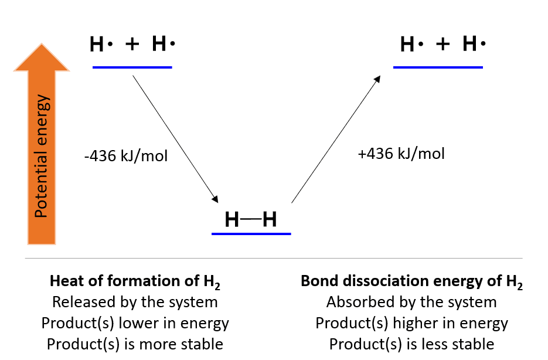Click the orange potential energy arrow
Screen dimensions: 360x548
[41, 147]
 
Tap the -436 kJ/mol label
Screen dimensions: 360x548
[126, 157]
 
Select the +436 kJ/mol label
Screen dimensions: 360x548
[401, 154]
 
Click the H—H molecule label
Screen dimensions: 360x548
[251, 220]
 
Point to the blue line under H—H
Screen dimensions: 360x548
[251, 233]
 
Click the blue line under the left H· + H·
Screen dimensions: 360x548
[132, 67]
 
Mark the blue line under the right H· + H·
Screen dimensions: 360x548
[438, 67]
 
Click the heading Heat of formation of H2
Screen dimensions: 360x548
[135, 281]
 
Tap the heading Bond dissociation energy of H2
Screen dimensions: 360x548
[411, 281]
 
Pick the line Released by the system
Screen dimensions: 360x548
[135, 302]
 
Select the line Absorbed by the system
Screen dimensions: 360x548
[411, 302]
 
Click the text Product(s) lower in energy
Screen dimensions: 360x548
[135, 323]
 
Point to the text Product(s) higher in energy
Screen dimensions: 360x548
[411, 323]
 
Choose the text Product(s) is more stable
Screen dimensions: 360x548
[135, 344]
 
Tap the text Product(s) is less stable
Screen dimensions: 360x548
[411, 344]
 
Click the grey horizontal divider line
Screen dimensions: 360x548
[274, 258]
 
